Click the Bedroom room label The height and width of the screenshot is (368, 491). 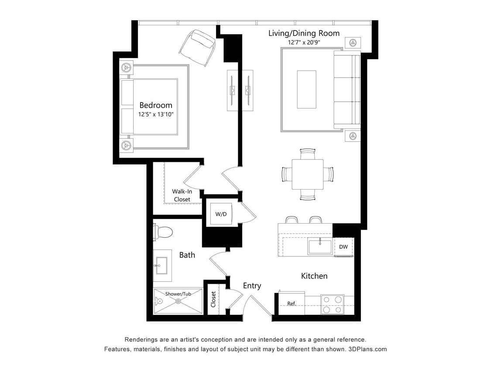tap(155, 105)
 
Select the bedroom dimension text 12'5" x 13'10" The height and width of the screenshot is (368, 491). tap(156, 114)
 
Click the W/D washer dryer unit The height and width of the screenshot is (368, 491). tap(221, 214)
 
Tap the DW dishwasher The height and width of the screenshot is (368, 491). tap(343, 247)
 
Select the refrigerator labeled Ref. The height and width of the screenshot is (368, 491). tap(292, 303)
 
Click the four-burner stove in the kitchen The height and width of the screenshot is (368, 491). tap(332, 304)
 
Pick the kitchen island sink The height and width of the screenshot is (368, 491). tap(319, 246)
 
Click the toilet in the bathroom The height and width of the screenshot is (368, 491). tap(162, 232)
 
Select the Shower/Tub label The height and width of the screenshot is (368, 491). tap(178, 294)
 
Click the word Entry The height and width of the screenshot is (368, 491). tap(252, 286)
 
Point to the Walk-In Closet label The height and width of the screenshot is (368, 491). tap(182, 195)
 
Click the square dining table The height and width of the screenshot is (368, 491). tap(307, 174)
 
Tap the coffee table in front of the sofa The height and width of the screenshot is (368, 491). tap(306, 89)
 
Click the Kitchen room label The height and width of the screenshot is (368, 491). tap(314, 276)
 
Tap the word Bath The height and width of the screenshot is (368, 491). tap(187, 255)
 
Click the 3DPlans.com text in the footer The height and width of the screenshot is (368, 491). tap(368, 349)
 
